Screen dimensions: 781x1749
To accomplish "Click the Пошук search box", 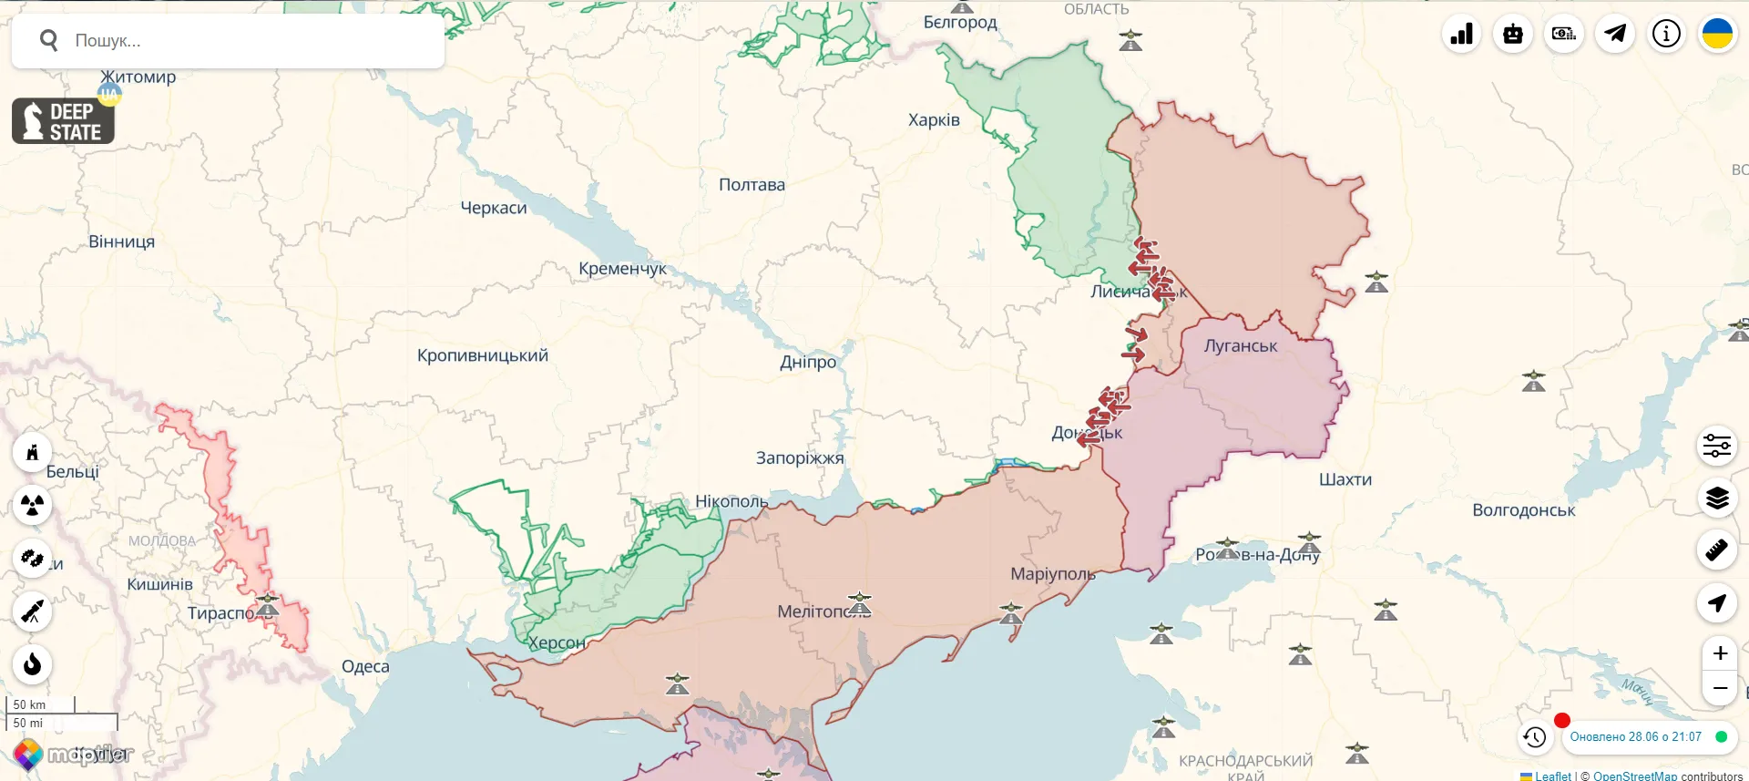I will [228, 41].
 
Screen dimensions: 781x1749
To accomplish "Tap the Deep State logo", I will [63, 121].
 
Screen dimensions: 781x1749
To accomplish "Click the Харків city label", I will [934, 120].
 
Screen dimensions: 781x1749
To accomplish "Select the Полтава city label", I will [752, 185].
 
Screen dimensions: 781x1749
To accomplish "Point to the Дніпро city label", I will [808, 362].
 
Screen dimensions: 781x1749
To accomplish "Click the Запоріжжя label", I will [800, 458].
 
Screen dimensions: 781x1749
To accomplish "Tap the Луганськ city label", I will [1241, 346].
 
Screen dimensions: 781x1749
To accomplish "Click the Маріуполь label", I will [1053, 574].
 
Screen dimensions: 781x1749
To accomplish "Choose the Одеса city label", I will [365, 667].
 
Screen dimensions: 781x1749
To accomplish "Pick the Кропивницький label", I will [483, 355].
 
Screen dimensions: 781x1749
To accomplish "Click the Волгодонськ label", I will [1523, 510].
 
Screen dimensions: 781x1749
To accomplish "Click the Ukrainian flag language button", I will [1717, 35].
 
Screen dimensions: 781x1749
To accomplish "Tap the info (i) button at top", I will [1666, 35].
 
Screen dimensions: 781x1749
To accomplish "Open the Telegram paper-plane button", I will [1615, 35].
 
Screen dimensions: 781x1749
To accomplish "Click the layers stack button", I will [1717, 498].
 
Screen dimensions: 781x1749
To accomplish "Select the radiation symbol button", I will [33, 505].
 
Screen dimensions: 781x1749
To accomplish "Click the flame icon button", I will [33, 664].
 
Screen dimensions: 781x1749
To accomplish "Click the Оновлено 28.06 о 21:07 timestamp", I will [1635, 737].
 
